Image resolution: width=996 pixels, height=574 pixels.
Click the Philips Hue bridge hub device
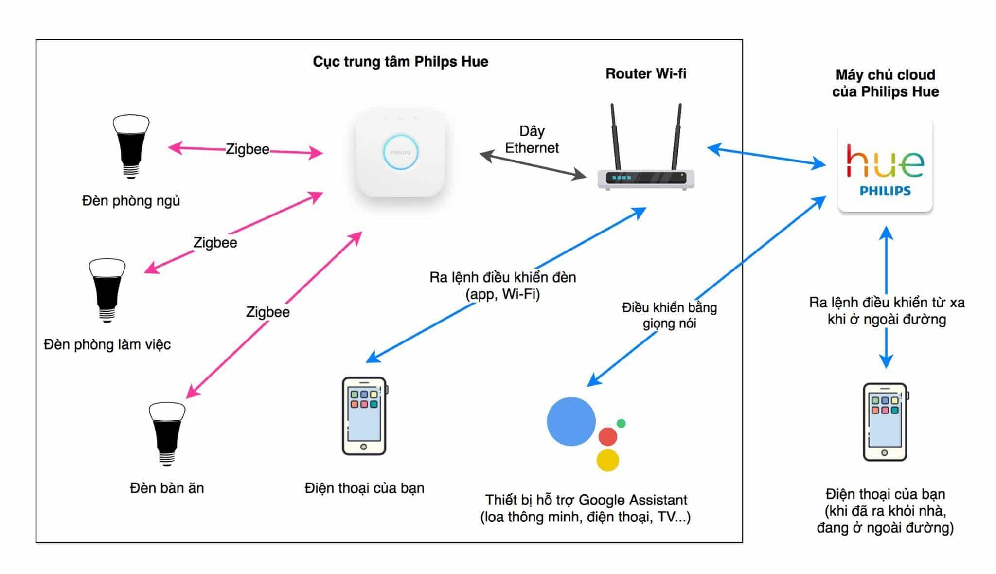(400, 153)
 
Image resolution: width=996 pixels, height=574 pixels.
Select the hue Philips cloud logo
(885, 166)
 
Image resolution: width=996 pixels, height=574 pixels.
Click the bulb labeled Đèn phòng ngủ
(131, 146)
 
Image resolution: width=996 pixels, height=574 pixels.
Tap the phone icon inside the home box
(364, 416)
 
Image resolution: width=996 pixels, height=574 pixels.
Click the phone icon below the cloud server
(885, 422)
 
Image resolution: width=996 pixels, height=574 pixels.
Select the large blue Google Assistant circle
(571, 421)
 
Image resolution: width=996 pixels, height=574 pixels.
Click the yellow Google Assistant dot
(607, 460)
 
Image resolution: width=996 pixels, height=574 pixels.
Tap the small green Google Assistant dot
(621, 423)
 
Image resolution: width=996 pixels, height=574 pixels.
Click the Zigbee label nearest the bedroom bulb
(247, 149)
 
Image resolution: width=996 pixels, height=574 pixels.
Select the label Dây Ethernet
(532, 140)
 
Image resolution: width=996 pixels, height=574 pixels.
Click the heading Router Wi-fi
(646, 73)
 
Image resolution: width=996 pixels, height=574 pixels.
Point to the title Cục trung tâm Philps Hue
(400, 62)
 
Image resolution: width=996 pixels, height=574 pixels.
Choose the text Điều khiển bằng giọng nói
(670, 315)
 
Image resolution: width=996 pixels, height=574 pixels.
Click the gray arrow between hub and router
(533, 165)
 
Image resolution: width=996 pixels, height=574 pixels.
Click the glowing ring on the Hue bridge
(400, 152)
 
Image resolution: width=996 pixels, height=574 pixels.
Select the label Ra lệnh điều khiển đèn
(503, 277)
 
